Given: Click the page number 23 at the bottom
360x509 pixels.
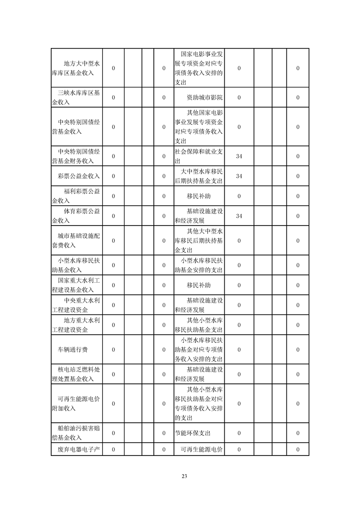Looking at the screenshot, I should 184,476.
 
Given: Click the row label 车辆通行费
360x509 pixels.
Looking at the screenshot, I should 76,349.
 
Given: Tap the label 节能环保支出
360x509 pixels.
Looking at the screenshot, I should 192,433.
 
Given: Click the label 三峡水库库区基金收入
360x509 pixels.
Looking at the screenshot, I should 76,98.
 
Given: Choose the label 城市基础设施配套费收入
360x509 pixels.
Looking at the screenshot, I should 76,240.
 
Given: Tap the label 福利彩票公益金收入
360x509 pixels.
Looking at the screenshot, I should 76,196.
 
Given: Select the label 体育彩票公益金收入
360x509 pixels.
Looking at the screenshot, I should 76,216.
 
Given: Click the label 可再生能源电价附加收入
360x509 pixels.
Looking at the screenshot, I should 76,403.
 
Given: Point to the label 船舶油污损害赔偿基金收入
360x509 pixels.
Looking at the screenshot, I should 76,433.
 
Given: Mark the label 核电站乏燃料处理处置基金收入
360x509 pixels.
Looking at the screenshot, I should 76,374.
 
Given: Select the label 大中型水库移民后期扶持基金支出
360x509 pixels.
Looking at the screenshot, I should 199,176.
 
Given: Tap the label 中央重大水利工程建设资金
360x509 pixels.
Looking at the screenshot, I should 76,305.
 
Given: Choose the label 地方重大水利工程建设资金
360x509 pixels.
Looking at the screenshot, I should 76,325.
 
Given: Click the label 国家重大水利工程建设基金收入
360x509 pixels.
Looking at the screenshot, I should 76,285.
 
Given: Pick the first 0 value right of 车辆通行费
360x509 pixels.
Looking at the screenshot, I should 113,349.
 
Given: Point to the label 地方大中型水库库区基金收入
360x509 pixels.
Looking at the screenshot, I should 76,68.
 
